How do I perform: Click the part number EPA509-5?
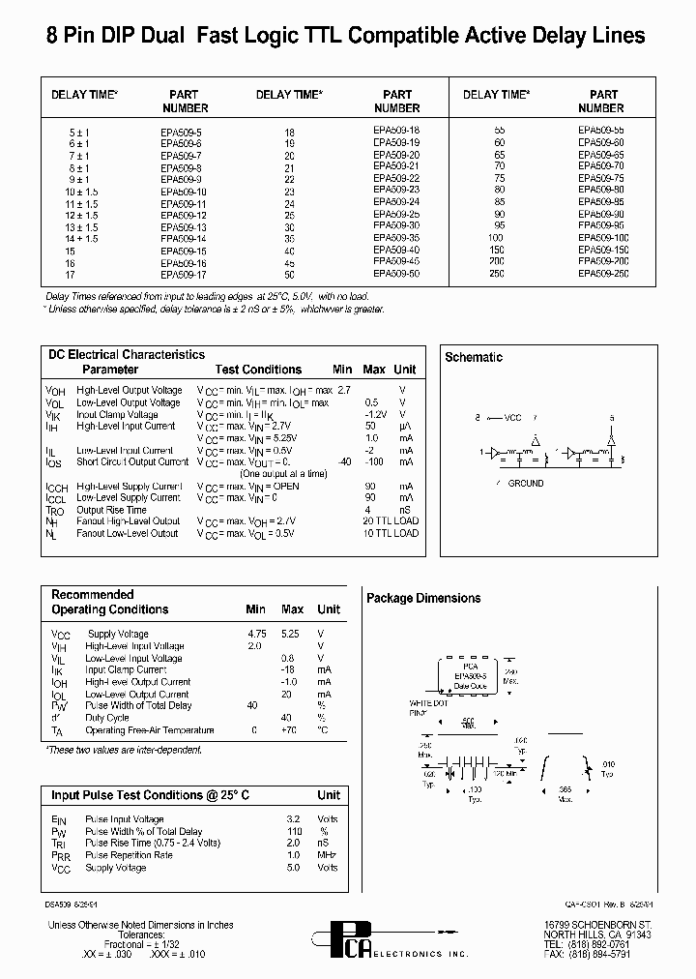181,131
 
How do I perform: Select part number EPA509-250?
602,274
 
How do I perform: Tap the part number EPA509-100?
602,238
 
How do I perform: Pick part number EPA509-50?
396,274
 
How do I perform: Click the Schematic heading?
474,357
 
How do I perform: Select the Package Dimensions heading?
423,599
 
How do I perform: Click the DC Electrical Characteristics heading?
127,355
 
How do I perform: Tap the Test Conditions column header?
258,370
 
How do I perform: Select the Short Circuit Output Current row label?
129,462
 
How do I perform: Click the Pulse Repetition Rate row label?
129,855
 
